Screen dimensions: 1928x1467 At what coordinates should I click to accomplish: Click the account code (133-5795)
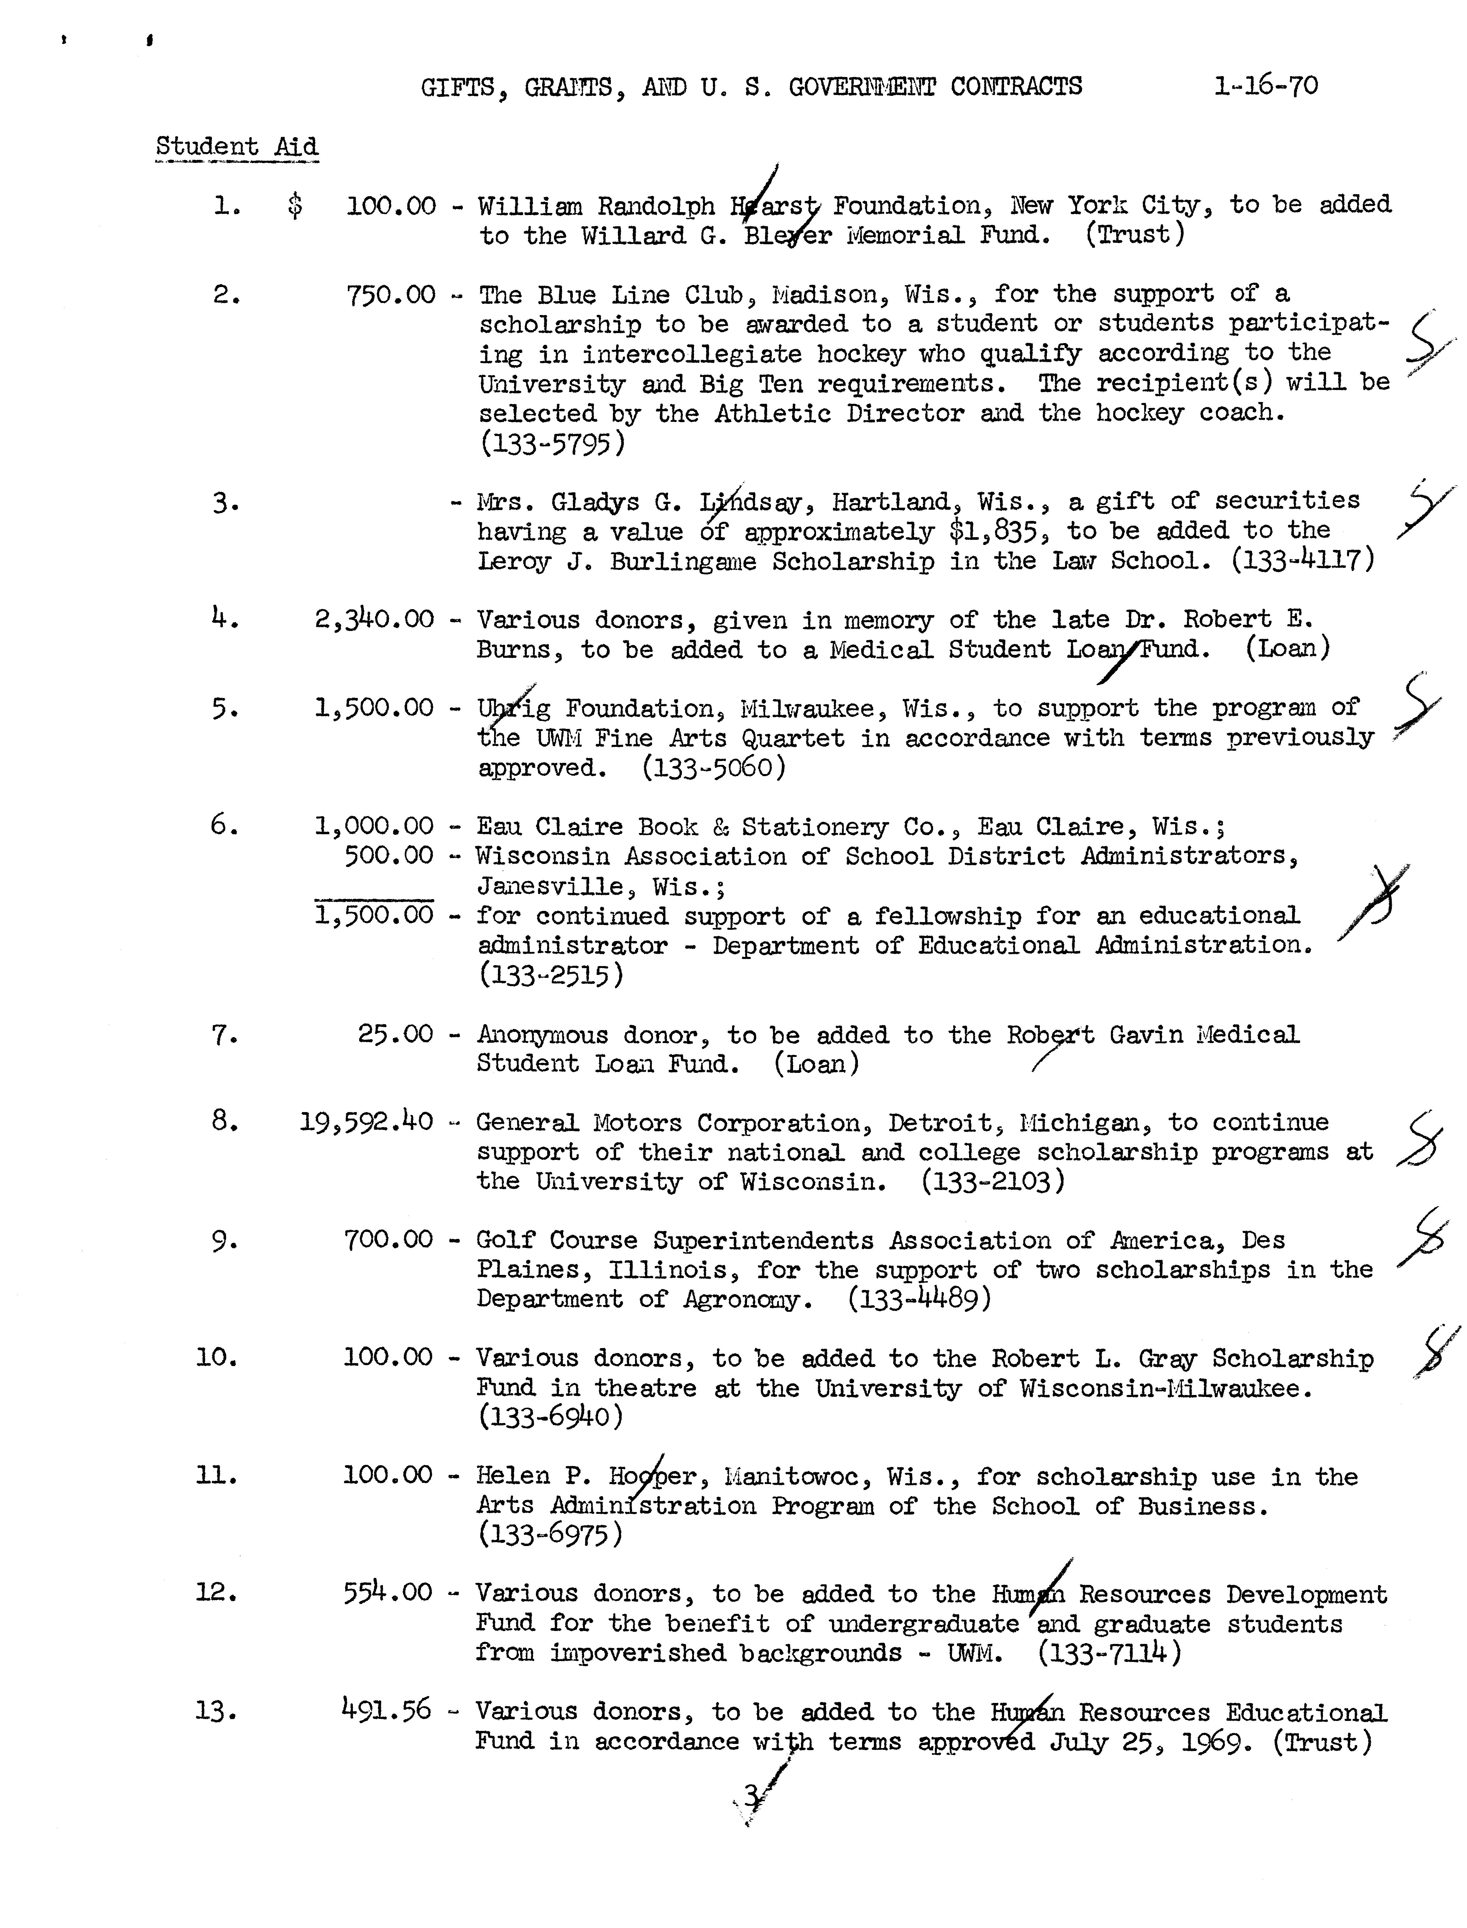(552, 444)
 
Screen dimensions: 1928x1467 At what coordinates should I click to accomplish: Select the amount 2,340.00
(374, 619)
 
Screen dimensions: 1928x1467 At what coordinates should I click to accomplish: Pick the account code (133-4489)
(920, 1299)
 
